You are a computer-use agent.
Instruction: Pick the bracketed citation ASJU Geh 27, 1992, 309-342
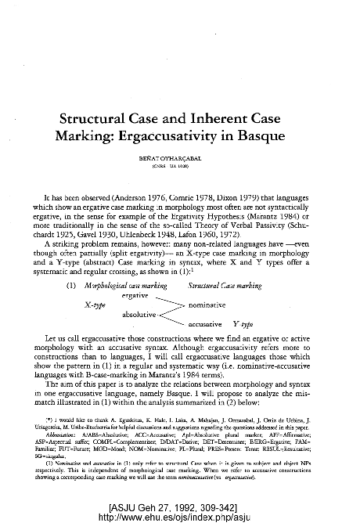[180, 508]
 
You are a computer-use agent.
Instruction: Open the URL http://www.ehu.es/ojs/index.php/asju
[180, 518]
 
